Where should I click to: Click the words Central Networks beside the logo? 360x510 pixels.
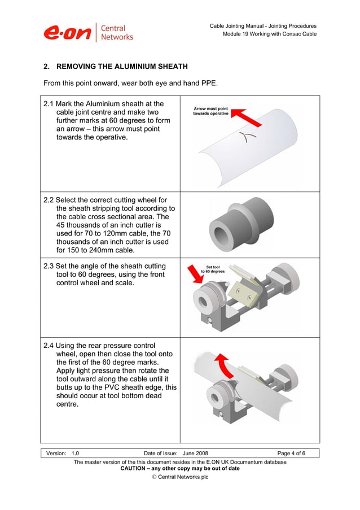[x=117, y=32]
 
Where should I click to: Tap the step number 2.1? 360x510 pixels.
[x=49, y=104]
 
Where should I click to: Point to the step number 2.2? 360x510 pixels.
[x=49, y=200]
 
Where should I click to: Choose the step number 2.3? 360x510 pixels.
[x=49, y=266]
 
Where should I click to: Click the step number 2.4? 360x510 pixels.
[x=49, y=345]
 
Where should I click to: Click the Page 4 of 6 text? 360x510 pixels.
[x=291, y=453]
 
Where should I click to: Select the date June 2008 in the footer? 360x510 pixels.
[x=195, y=453]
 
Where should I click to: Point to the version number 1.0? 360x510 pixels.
[x=75, y=453]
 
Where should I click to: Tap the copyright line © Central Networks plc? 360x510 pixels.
[x=180, y=477]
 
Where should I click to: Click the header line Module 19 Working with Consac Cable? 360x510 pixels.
[x=269, y=34]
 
